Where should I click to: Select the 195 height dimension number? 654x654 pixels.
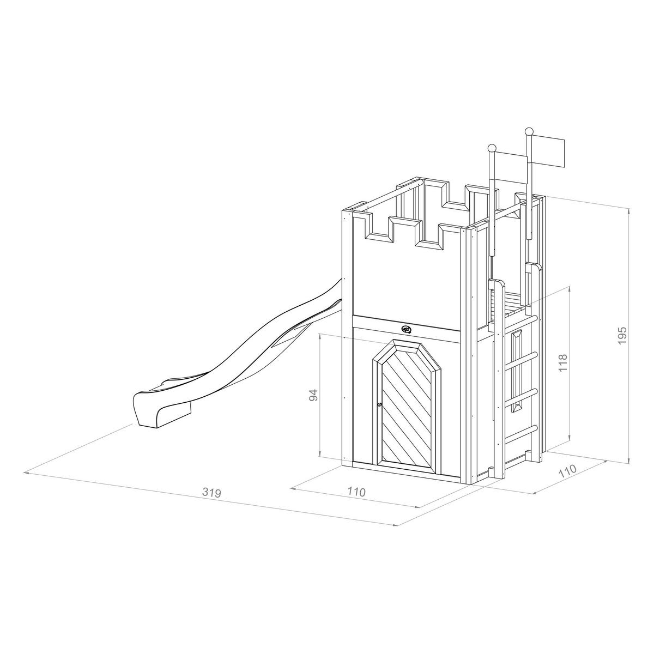click(x=623, y=335)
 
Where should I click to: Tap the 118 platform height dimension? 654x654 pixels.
click(x=563, y=363)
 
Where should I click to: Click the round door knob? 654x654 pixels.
click(x=378, y=404)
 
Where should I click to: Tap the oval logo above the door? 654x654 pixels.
click(x=407, y=329)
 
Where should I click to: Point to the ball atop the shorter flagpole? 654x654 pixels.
click(x=492, y=147)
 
